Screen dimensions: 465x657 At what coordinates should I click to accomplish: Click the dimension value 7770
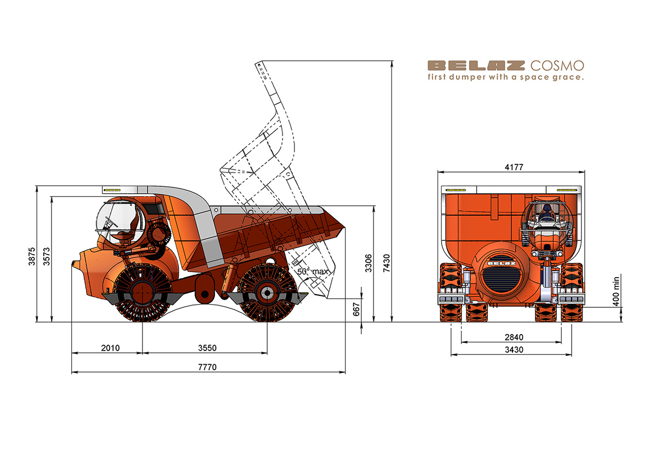208,368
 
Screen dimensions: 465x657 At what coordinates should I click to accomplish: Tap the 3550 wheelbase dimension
208,348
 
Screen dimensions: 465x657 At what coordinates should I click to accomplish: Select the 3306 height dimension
368,262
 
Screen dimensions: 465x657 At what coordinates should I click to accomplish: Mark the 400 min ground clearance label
616,290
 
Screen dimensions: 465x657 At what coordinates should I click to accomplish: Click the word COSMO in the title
557,66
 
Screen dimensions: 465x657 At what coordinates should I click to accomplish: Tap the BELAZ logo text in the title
476,66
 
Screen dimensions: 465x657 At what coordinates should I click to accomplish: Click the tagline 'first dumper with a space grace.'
506,78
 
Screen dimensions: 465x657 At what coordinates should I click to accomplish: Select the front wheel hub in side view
142,293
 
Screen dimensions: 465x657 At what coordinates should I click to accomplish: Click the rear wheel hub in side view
267,293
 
